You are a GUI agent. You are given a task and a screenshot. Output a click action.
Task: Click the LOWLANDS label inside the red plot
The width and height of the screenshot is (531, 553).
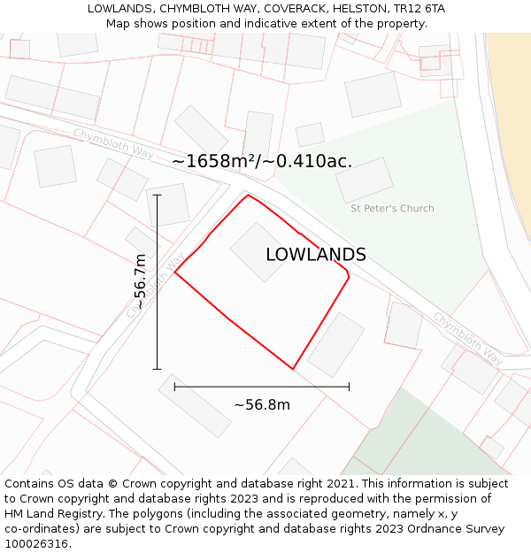pyautogui.click(x=316, y=255)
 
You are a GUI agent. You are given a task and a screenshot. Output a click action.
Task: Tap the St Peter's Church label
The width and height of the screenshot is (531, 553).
pyautogui.click(x=392, y=209)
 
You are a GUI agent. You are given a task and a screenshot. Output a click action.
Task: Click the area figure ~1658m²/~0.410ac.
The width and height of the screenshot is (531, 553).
pyautogui.click(x=262, y=161)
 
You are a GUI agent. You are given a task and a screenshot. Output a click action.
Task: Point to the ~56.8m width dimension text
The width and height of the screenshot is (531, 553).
pyautogui.click(x=262, y=405)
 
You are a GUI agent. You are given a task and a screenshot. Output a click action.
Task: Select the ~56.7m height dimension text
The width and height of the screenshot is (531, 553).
pyautogui.click(x=140, y=281)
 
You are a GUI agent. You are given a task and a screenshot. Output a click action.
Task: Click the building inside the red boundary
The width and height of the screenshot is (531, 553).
pyautogui.click(x=258, y=251)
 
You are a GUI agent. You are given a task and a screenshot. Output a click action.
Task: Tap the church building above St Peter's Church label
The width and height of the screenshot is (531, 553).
pyautogui.click(x=364, y=180)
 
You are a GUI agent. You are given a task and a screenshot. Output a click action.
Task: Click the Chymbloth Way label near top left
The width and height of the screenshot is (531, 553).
pyautogui.click(x=113, y=143)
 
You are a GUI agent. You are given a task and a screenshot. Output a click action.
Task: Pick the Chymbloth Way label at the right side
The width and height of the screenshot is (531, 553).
pyautogui.click(x=467, y=337)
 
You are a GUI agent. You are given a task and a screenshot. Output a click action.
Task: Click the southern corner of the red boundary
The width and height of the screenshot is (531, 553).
pyautogui.click(x=292, y=369)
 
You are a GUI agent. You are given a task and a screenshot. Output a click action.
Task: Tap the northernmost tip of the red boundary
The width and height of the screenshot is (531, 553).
pyautogui.click(x=248, y=195)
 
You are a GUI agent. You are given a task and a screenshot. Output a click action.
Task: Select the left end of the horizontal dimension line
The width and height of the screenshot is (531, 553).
pyautogui.click(x=174, y=387)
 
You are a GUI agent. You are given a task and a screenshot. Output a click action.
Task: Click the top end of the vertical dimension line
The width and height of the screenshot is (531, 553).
pyautogui.click(x=158, y=195)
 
